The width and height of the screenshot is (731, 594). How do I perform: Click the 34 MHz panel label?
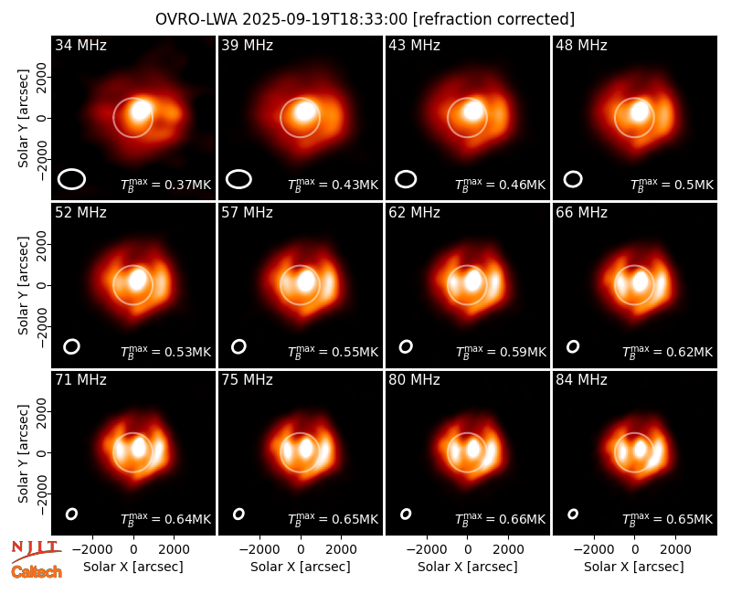coord(80,45)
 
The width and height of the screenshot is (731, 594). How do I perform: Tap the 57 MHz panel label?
coord(247,213)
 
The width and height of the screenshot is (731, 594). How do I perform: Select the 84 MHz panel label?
coord(581,380)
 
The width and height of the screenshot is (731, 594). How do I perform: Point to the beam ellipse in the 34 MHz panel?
coord(71,179)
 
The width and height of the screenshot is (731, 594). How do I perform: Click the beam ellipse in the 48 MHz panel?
coord(573,179)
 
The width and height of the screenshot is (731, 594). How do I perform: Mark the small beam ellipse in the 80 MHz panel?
coord(406,514)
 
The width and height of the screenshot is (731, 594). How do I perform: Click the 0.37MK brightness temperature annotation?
coord(166,185)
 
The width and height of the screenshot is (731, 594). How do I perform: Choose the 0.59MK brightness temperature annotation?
coord(501,352)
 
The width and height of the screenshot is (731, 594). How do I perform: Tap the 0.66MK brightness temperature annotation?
coord(501,519)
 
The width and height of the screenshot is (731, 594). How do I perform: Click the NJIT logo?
coord(36,551)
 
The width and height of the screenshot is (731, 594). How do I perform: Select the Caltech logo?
coord(37,572)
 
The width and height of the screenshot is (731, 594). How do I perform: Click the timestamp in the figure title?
coord(325,19)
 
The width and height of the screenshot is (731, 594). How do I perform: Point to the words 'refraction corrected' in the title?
coord(493,19)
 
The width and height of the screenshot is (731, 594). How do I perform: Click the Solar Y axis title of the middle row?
coord(23,285)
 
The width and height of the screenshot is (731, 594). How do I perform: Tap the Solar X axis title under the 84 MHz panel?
coord(634,567)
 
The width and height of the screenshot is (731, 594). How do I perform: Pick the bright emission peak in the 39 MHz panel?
coord(305,111)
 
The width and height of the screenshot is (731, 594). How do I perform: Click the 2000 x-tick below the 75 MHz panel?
coord(341,549)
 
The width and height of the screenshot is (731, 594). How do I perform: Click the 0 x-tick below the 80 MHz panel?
coord(468,549)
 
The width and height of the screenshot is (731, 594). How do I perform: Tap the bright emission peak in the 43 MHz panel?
coord(472,111)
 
